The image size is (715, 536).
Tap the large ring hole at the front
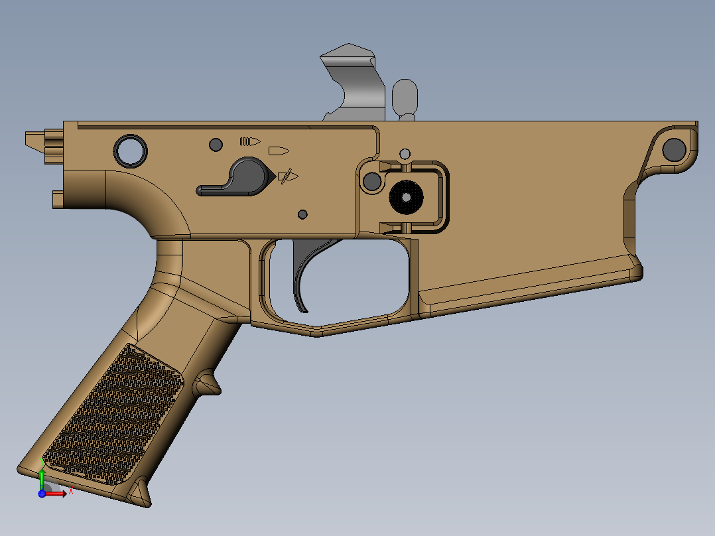(131, 151)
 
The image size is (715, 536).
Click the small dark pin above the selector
(215, 145)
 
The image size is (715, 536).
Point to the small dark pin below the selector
(303, 214)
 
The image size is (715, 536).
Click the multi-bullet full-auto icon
(249, 141)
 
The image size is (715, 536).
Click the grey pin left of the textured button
(373, 180)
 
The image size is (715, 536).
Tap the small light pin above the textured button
(405, 155)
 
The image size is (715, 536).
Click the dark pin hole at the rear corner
(674, 149)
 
